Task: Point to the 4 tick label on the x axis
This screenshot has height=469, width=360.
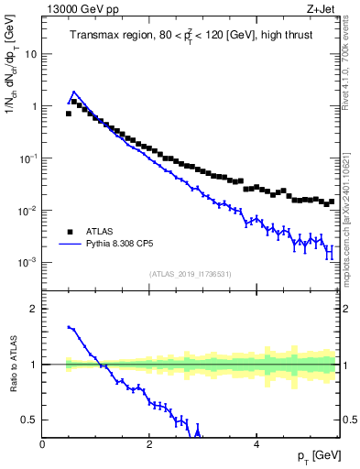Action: pos(256,444)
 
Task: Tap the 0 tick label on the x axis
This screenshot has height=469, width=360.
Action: pos(43,444)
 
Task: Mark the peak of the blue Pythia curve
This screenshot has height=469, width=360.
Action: pos(74,92)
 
